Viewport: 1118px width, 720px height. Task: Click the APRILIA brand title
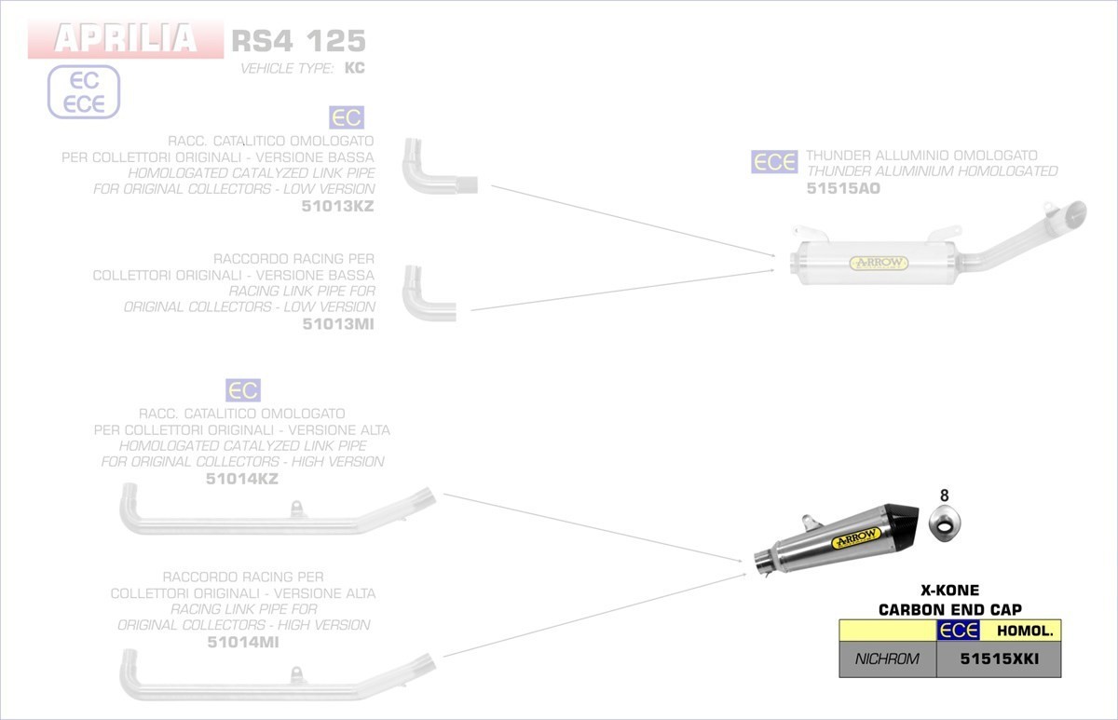tap(126, 39)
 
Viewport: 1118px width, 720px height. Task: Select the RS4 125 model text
tap(298, 41)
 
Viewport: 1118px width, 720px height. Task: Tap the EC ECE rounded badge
tap(84, 92)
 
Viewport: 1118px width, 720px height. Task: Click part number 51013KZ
tap(338, 206)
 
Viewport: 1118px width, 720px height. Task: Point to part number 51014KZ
tap(242, 479)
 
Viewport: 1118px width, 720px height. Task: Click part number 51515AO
tap(843, 188)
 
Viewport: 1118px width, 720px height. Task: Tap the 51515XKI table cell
tap(998, 659)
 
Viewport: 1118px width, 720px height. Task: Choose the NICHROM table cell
tap(887, 659)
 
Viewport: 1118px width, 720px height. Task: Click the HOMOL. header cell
tap(1024, 632)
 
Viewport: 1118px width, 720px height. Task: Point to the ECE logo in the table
tap(959, 632)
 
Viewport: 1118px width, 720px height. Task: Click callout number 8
tap(944, 496)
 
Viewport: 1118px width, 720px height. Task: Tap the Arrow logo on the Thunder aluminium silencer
tap(878, 263)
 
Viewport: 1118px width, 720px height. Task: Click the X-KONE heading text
tap(949, 590)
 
